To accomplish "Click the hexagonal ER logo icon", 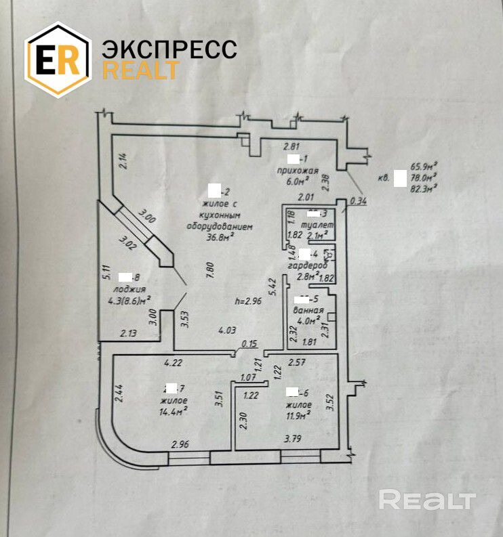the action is [58, 60].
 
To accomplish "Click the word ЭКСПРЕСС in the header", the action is [169, 49].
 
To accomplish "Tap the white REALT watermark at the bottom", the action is [426, 500].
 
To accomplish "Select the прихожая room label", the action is [294, 170].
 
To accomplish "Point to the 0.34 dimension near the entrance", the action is [359, 201].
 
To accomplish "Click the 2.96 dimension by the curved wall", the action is [180, 444].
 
